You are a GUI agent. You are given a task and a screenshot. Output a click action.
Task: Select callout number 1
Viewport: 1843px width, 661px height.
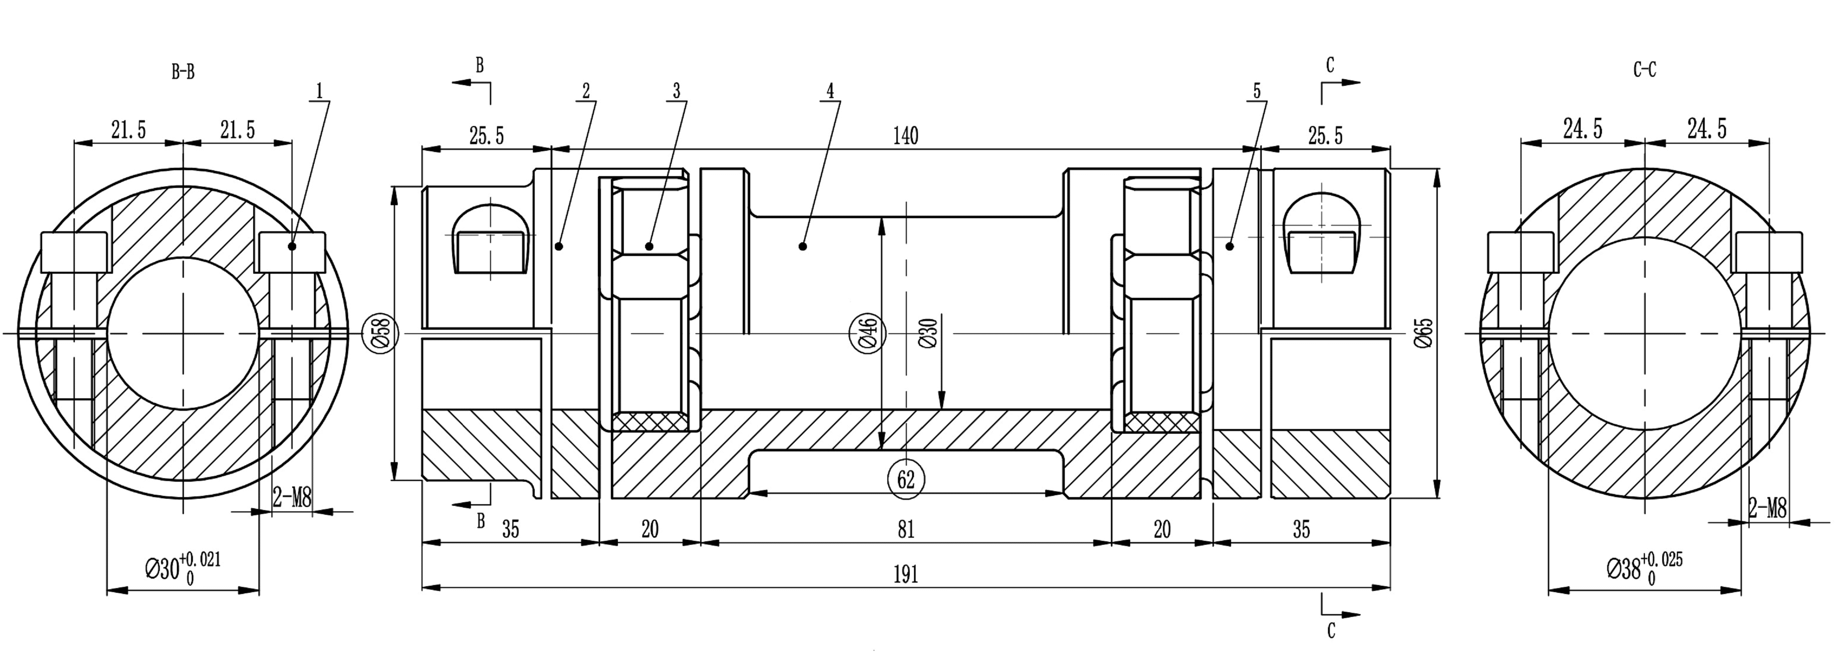(x=319, y=91)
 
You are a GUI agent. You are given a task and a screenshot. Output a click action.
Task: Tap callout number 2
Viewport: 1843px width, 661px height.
(x=586, y=91)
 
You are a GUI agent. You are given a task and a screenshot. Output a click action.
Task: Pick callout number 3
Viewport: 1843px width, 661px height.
(x=676, y=91)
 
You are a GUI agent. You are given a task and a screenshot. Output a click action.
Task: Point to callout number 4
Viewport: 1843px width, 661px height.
(x=830, y=91)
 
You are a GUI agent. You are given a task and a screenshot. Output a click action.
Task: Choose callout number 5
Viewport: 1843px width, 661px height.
(x=1257, y=91)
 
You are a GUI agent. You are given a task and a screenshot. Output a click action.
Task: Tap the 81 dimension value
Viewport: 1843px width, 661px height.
(x=906, y=529)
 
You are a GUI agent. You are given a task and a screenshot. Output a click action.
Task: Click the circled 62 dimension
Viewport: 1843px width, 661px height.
(x=906, y=479)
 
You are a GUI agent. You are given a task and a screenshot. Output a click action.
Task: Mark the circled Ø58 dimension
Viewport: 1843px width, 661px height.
(x=381, y=333)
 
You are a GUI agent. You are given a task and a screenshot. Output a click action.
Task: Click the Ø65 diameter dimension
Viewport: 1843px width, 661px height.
(x=1424, y=333)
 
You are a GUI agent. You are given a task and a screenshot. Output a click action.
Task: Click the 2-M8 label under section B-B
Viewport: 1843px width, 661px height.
(x=292, y=496)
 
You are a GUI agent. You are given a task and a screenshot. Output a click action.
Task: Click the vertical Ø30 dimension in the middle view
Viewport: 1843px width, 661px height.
(x=928, y=333)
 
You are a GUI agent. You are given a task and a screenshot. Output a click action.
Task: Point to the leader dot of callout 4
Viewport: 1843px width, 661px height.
(x=803, y=246)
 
